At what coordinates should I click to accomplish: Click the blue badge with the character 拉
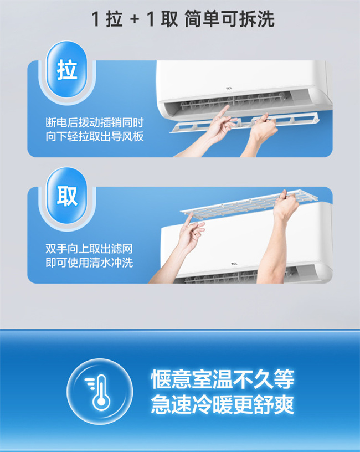[x=67, y=69]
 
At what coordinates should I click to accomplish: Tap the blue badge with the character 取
[x=67, y=196]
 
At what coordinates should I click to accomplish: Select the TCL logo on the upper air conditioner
[x=229, y=88]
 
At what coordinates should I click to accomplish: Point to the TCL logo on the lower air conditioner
[x=234, y=264]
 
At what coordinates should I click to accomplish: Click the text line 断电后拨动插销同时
[x=95, y=122]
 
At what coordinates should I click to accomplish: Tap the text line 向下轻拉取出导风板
[x=95, y=136]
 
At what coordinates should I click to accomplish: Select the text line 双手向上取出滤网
[x=89, y=249]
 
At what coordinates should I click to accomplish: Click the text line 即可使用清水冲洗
[x=89, y=263]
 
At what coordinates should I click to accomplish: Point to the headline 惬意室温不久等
[x=223, y=379]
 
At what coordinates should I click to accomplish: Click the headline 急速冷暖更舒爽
[x=223, y=404]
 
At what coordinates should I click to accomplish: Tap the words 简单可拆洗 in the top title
[x=229, y=19]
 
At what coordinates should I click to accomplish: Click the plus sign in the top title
[x=135, y=19]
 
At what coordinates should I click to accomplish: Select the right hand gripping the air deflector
[x=263, y=129]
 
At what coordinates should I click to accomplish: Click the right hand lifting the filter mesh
[x=285, y=204]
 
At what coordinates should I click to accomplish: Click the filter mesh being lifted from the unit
[x=249, y=203]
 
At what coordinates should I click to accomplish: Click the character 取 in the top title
[x=169, y=19]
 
